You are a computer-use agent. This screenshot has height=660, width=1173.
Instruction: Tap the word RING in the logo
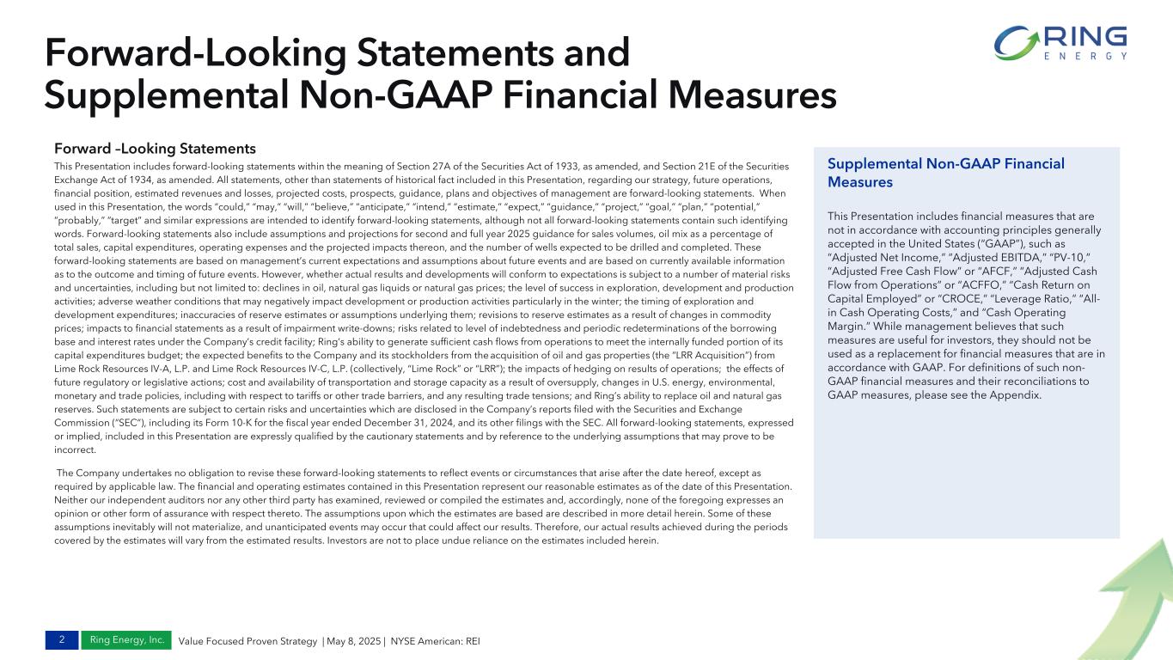1084,37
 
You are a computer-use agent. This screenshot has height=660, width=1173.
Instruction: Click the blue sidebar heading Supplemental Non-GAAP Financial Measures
945,172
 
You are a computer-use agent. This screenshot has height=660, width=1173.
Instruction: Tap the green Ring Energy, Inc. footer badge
126,640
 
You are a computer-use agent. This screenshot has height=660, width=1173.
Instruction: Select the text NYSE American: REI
435,641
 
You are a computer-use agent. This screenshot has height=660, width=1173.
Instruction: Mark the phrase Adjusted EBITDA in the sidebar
975,255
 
